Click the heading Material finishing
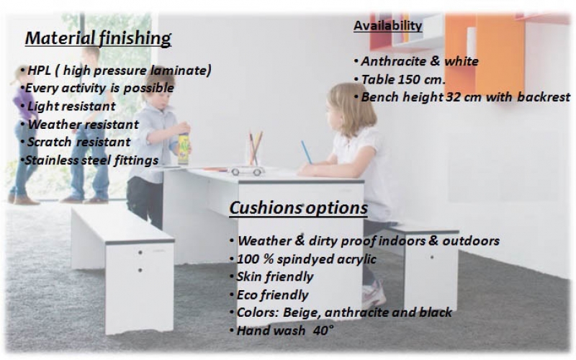98,38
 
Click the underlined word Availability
388,25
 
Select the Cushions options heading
298,208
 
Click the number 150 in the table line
407,79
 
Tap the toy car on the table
246,171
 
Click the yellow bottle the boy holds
184,149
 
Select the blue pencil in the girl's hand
307,152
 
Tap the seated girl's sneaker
374,294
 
